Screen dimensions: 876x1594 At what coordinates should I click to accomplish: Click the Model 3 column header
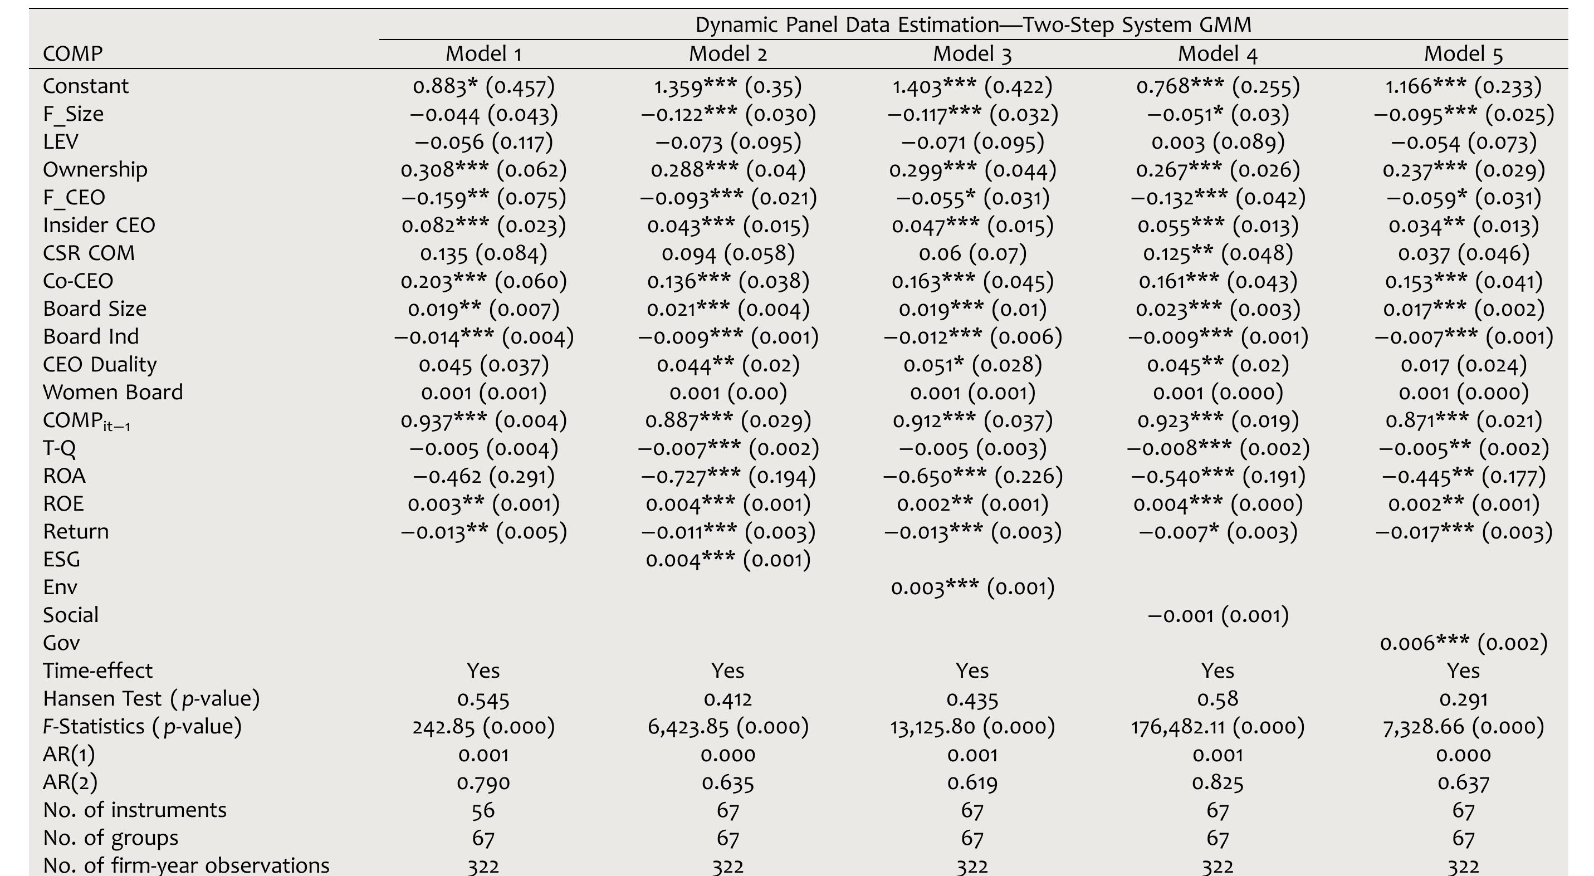coord(972,55)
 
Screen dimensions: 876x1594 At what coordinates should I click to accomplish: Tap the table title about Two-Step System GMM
coord(974,25)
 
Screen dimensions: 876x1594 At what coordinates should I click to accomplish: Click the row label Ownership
coord(95,169)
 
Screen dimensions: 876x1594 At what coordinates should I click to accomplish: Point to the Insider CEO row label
coord(99,225)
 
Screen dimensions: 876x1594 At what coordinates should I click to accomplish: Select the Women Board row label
coord(113,392)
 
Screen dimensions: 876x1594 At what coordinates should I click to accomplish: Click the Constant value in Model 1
coord(483,86)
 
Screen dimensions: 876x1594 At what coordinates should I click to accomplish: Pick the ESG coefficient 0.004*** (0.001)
coord(728,560)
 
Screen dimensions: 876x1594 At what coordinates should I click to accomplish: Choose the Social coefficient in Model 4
coord(1217,615)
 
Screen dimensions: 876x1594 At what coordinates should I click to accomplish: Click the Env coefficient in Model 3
coord(972,588)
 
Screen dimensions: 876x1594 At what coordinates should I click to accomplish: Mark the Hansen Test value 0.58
coord(1217,699)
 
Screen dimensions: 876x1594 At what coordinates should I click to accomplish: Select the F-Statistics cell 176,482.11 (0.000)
coord(1217,727)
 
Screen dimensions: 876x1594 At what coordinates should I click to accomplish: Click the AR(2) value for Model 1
coord(483,782)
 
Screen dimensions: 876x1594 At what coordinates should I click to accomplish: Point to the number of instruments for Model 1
coord(483,810)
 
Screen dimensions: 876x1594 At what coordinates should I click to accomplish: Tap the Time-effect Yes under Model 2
coord(728,671)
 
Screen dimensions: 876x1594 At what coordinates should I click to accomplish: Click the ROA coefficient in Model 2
coord(728,476)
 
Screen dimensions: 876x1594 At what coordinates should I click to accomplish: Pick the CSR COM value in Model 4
coord(1217,253)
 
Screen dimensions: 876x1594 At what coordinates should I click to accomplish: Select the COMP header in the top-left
coord(72,55)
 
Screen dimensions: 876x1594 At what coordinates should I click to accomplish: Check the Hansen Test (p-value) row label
coord(151,699)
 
